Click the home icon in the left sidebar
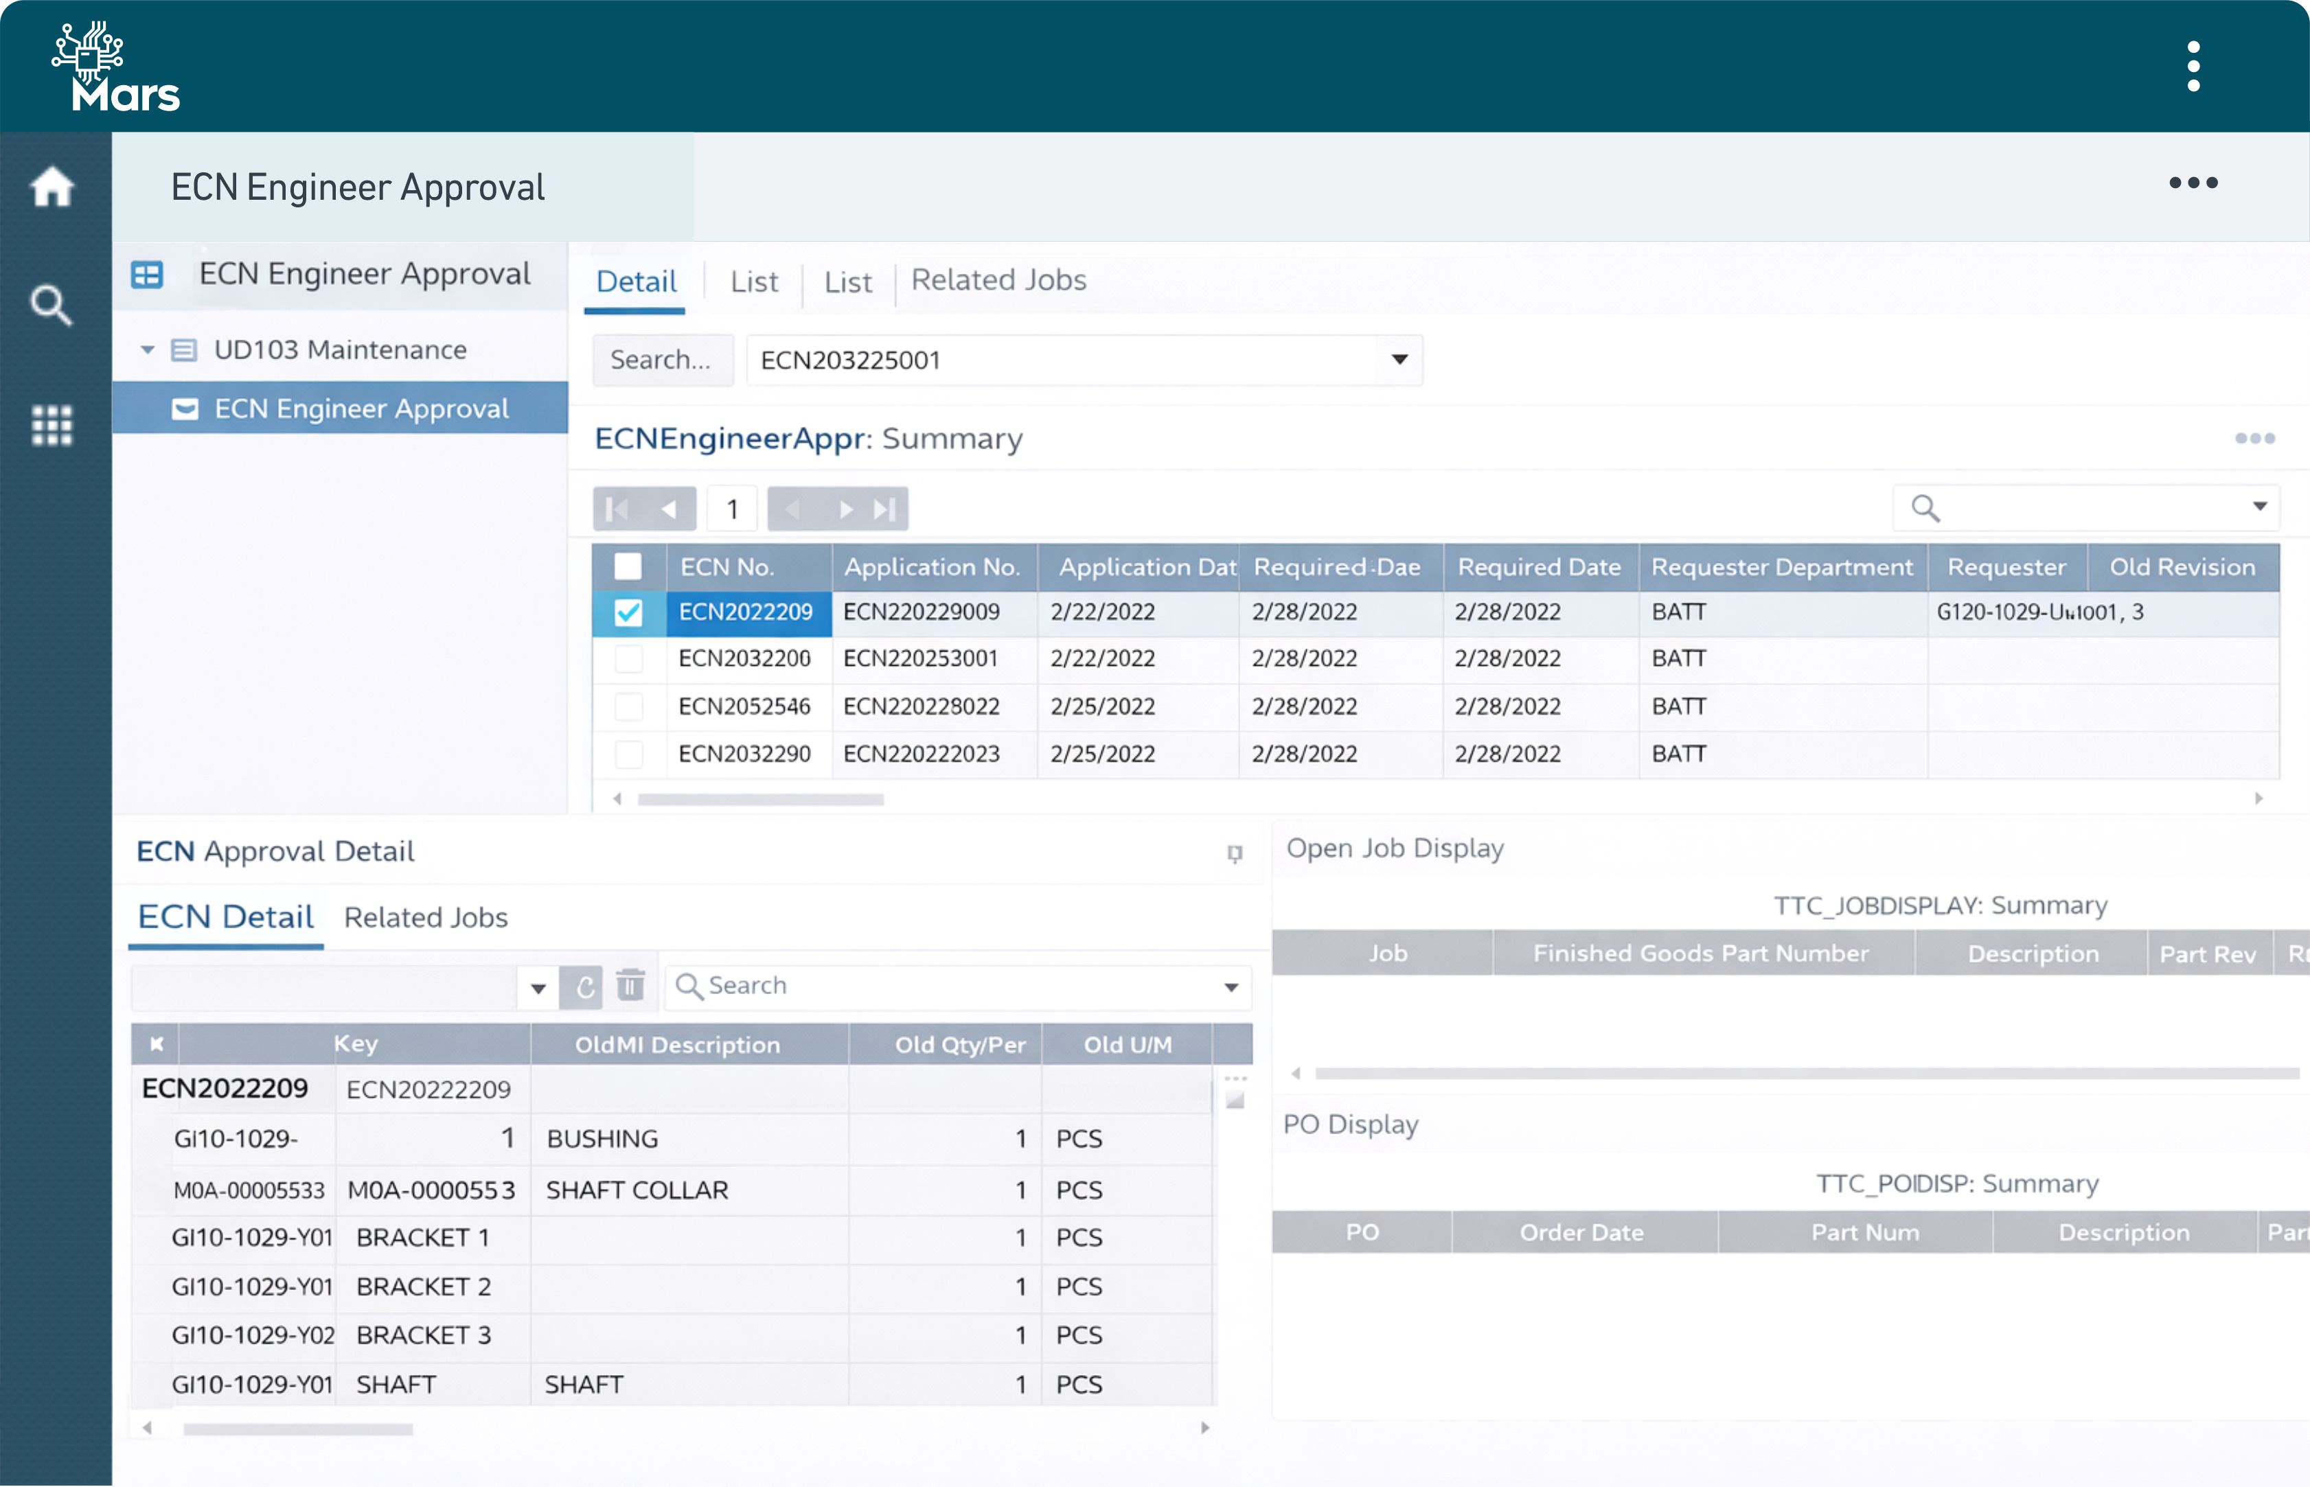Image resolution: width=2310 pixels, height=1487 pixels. point(52,186)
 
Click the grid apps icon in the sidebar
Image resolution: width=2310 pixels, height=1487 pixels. point(52,425)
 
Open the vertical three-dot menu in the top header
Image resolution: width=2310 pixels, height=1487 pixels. point(2193,67)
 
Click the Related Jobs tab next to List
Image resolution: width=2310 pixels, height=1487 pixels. point(998,280)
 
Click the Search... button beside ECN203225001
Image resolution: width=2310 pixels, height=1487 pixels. point(661,360)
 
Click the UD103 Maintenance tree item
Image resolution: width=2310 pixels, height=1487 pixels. point(340,349)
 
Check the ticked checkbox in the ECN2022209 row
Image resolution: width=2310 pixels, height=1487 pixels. point(629,612)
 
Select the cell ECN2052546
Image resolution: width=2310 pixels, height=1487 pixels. point(744,707)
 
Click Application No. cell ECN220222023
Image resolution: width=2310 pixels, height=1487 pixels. point(922,754)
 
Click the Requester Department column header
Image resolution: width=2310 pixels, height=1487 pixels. point(1782,567)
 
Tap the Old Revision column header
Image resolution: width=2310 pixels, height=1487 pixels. point(2182,567)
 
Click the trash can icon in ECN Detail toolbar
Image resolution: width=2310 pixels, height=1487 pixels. point(630,986)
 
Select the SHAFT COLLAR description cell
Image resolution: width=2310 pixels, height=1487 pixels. point(637,1190)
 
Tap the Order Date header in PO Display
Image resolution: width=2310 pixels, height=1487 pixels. point(1581,1232)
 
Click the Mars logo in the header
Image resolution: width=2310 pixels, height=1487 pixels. point(116,67)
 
